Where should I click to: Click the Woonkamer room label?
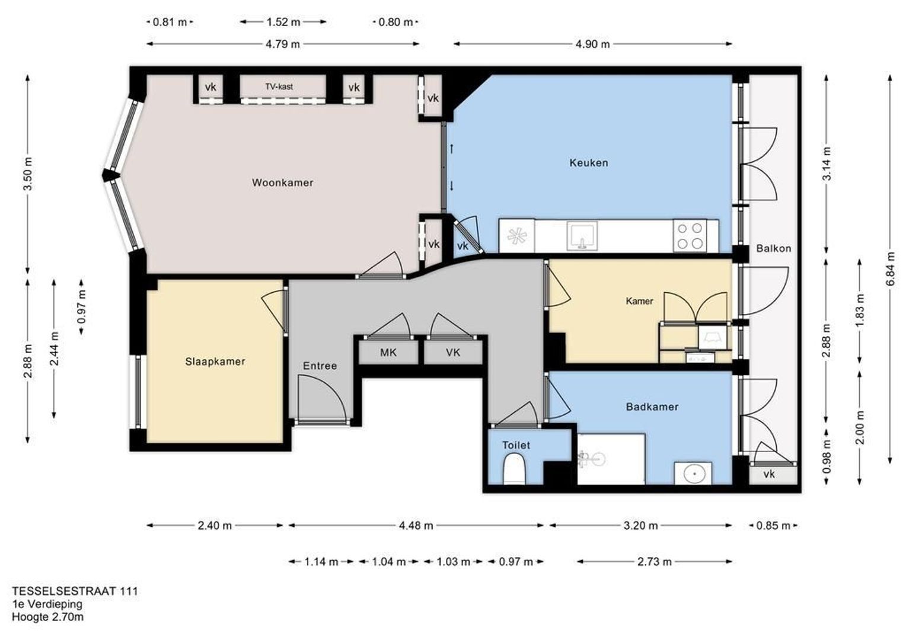coord(282,183)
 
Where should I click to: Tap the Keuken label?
coord(589,163)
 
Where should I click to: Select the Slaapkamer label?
coord(215,361)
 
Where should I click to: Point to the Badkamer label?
coord(652,407)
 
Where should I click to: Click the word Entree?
coord(320,366)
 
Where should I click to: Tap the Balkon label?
coord(773,248)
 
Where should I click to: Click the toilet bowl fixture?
coord(513,469)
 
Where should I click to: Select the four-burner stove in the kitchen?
coord(690,236)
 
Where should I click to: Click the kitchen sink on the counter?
coord(582,236)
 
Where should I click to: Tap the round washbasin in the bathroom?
coord(693,473)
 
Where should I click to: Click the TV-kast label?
coord(279,87)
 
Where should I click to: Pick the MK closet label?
coord(388,353)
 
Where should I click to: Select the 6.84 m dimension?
coord(890,269)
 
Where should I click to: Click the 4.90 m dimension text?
coord(592,44)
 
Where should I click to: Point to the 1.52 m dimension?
coord(283,22)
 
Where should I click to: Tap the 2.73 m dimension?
coord(655,562)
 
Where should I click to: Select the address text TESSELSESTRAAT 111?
coord(75,591)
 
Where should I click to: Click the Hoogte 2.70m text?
coord(47,617)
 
